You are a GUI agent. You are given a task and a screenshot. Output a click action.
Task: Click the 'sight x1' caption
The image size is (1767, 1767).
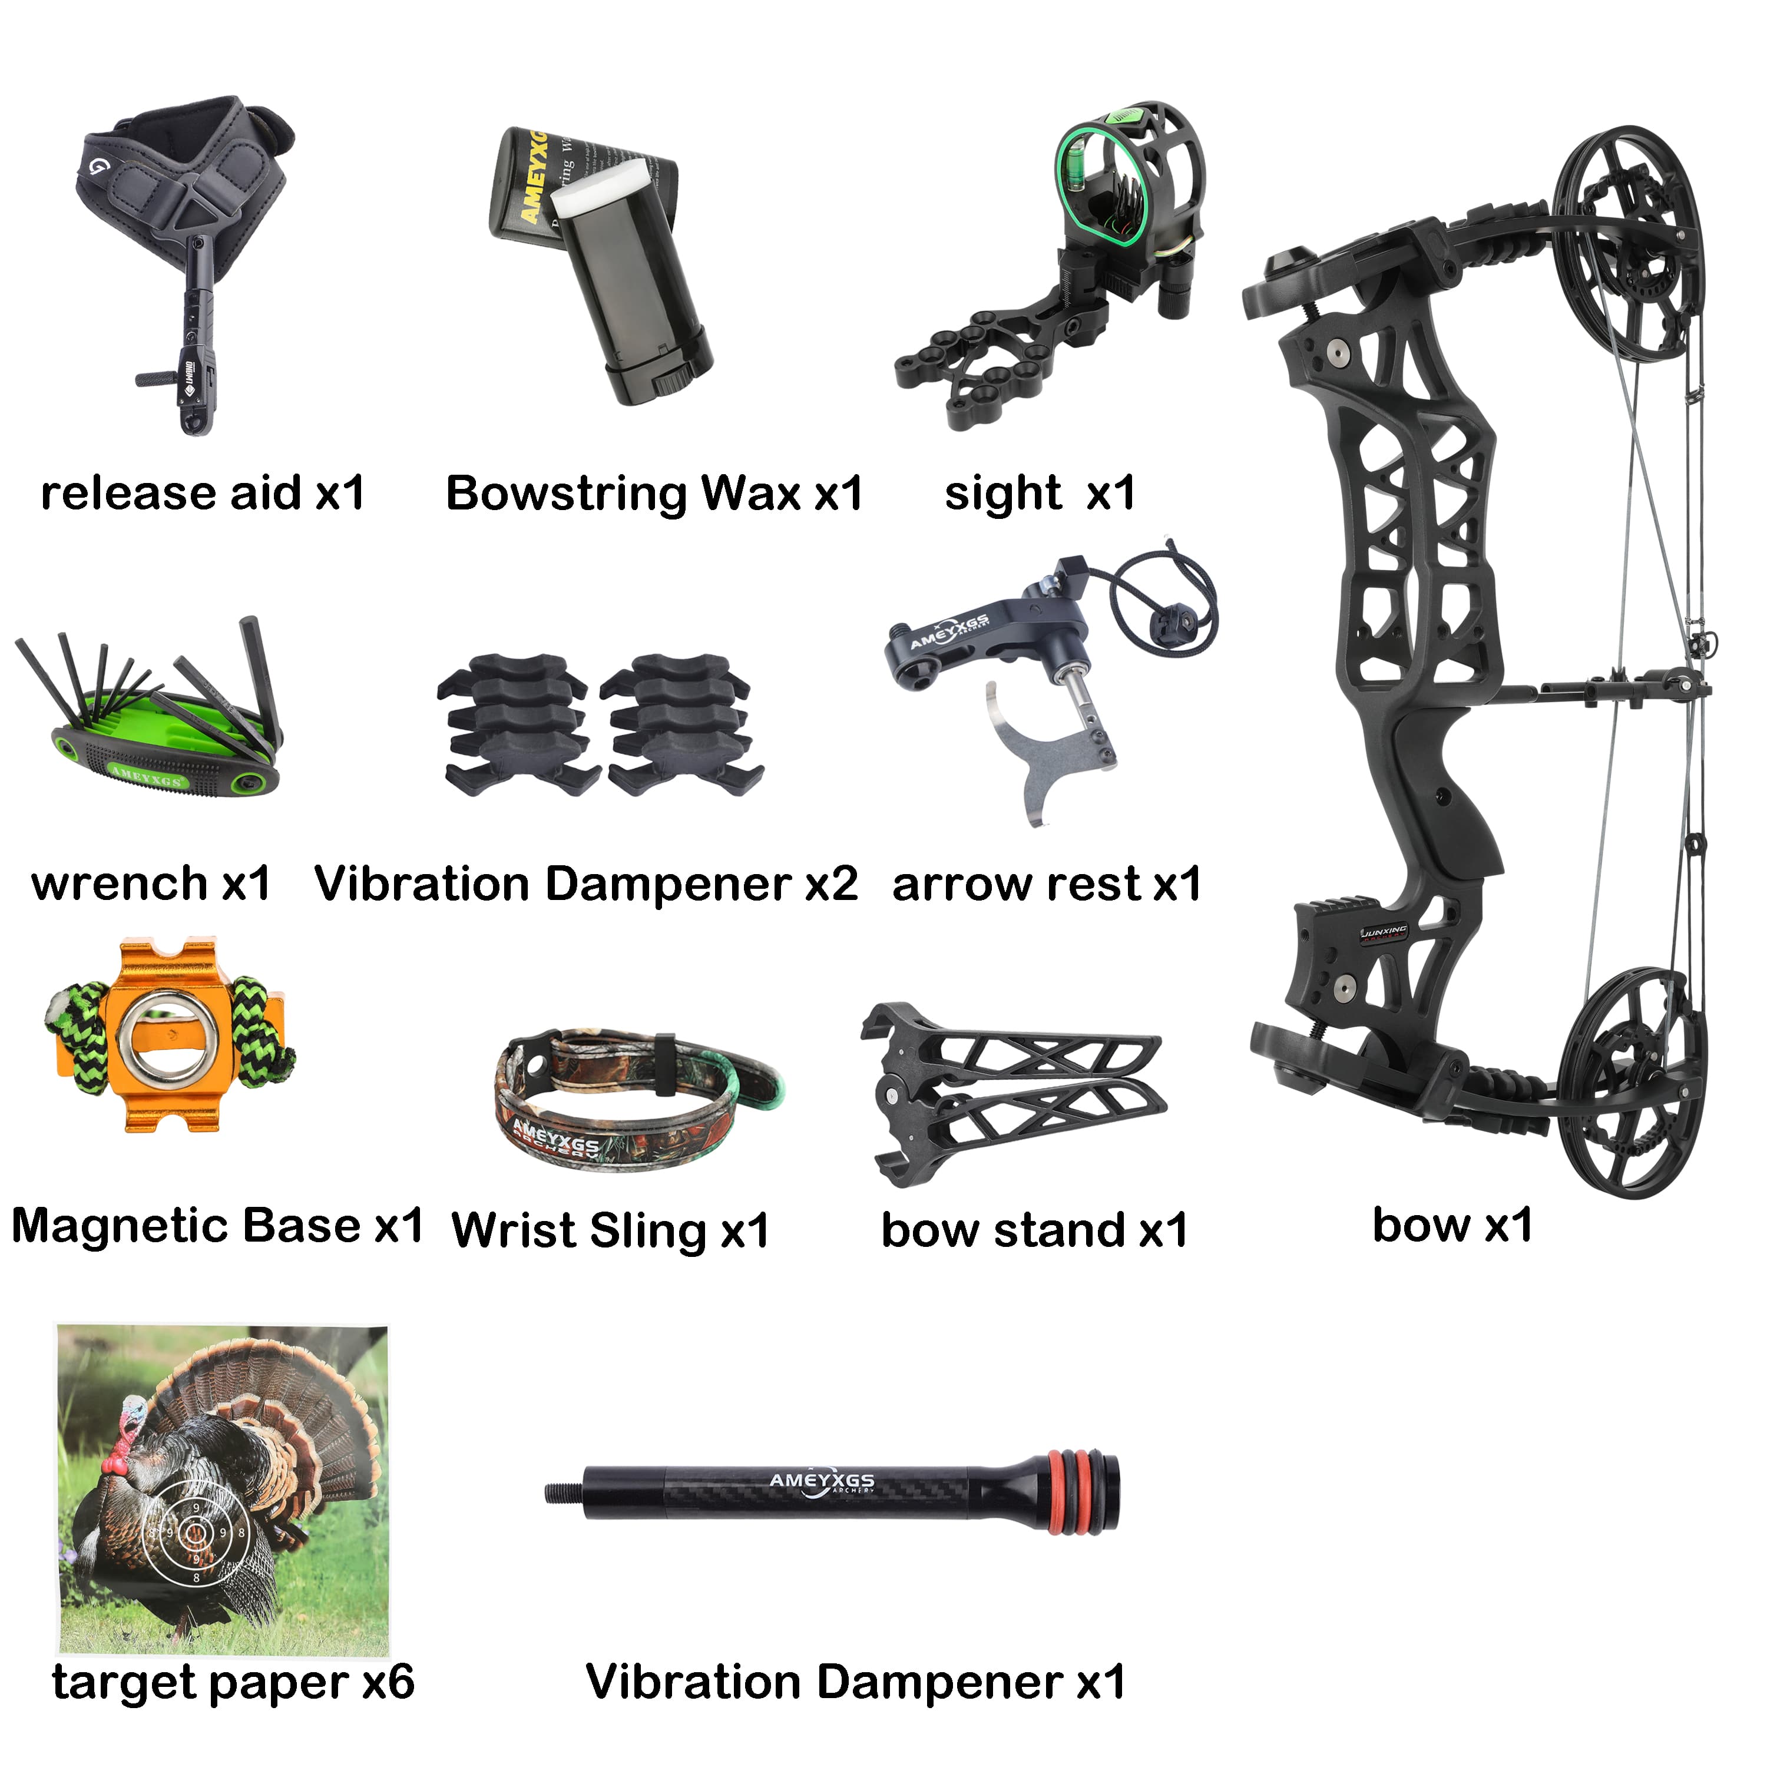click(x=1040, y=494)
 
